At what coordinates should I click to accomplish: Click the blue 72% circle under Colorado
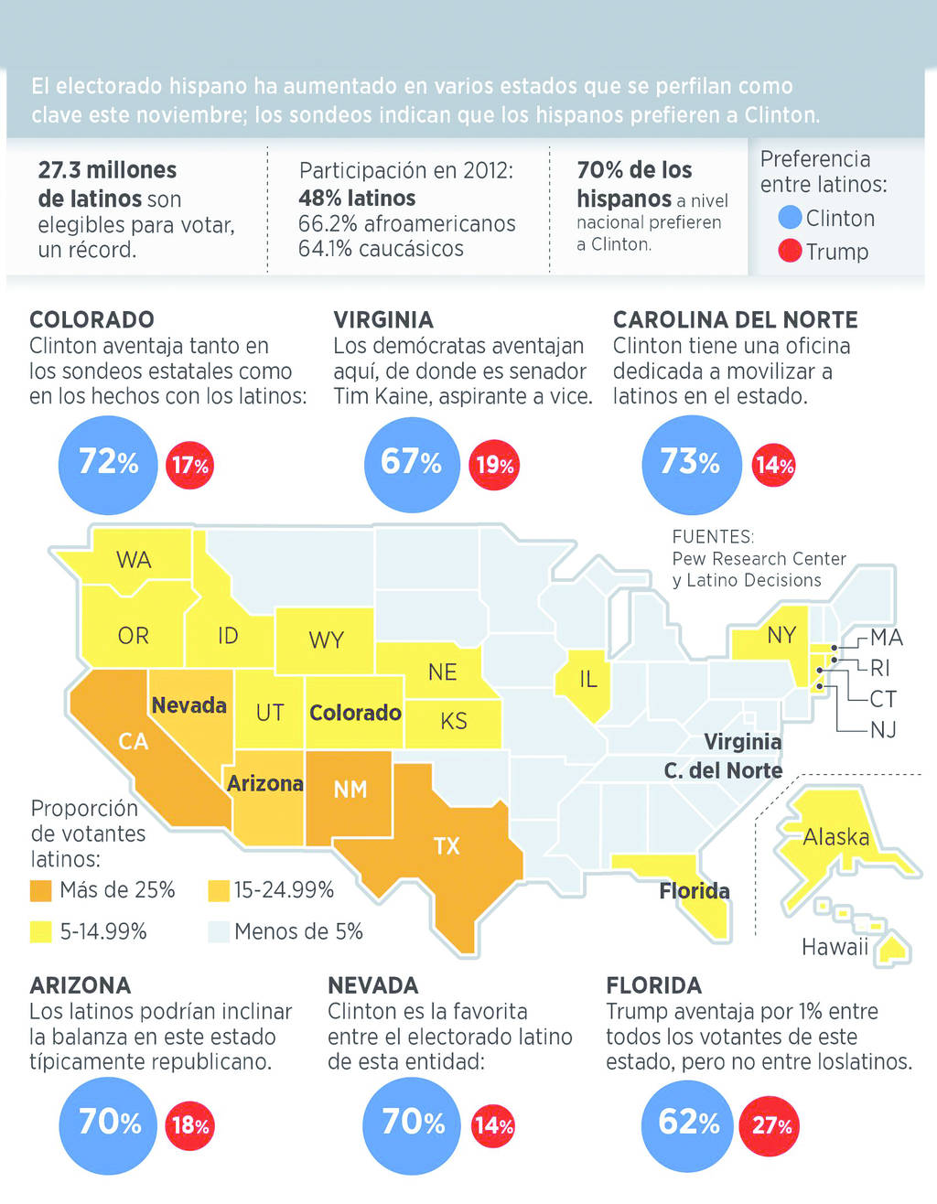108,464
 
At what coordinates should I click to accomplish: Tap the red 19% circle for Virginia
494,465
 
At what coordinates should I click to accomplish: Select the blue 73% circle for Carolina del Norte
691,464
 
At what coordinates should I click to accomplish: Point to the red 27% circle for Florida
772,1124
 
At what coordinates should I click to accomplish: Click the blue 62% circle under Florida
688,1124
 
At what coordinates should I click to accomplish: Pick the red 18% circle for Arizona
189,1124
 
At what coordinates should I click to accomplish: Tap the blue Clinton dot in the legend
790,218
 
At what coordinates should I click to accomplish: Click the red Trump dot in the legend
790,251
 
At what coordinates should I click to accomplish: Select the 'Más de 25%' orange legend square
40,890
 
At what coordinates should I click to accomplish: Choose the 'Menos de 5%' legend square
218,931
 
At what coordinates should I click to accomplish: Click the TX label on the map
447,845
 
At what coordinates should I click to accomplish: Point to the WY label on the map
326,640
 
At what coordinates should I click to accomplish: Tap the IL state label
587,679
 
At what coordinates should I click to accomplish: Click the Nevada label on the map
189,705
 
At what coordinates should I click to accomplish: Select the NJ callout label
883,730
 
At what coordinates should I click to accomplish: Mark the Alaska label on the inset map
835,836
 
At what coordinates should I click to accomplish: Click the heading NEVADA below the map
373,985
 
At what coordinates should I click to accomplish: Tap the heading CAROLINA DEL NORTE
735,319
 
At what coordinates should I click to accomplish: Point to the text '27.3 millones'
107,170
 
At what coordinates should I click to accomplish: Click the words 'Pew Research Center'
759,558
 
